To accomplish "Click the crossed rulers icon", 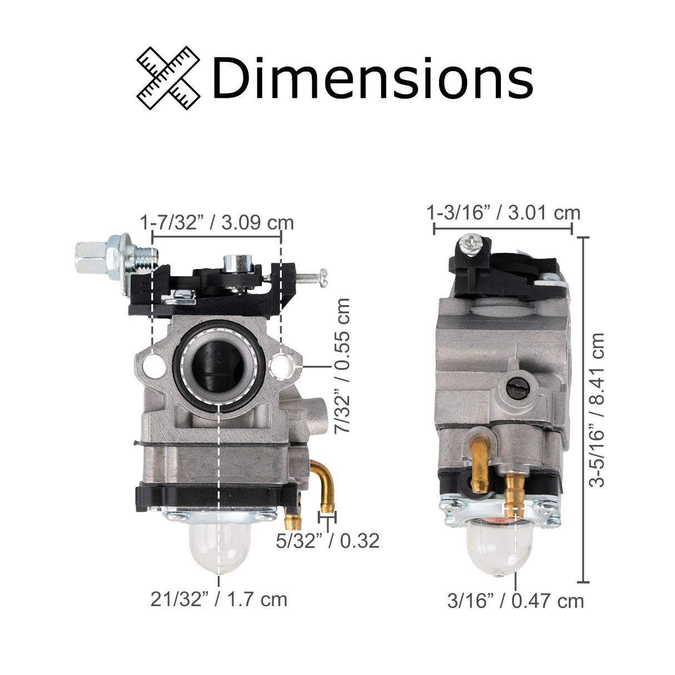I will (168, 78).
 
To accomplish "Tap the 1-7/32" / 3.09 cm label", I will (216, 222).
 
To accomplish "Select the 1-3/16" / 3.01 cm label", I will (503, 212).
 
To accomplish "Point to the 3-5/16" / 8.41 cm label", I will (597, 410).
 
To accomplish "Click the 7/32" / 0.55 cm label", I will (343, 365).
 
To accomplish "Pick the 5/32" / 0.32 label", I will (327, 540).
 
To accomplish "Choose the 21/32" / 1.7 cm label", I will (219, 599).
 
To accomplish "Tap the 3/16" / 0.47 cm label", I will (515, 600).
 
